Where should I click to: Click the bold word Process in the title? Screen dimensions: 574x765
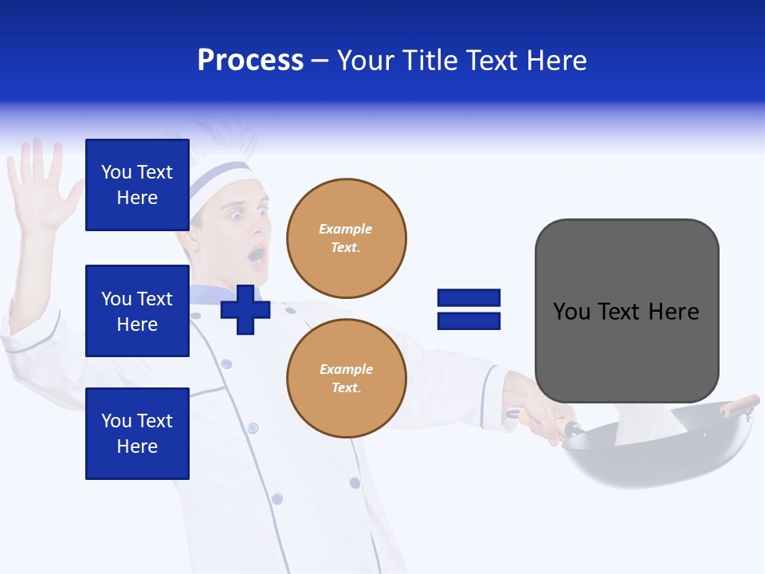[250, 61]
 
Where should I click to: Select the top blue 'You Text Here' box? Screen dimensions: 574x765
[137, 185]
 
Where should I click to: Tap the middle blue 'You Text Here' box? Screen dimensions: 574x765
[137, 311]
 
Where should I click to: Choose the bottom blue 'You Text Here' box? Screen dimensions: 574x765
[137, 434]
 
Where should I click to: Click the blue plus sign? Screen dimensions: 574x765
[245, 310]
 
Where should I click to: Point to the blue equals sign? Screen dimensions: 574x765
[469, 310]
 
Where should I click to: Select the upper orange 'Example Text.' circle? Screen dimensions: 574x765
[346, 238]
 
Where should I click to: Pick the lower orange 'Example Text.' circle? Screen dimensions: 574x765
[346, 378]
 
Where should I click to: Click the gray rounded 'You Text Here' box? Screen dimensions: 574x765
[626, 311]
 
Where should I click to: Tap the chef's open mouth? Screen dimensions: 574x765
[257, 255]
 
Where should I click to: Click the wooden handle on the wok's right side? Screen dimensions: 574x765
[739, 405]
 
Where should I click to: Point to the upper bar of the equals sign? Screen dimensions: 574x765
[469, 298]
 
